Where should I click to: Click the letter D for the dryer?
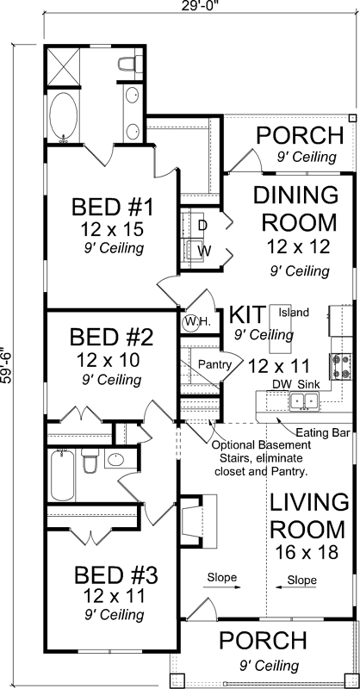[203, 226]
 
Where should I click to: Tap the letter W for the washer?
[204, 251]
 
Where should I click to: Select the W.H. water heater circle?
[192, 322]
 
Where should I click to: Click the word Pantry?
[215, 365]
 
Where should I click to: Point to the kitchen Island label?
[293, 313]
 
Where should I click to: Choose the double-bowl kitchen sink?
[302, 400]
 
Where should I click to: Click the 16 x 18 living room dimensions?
[303, 552]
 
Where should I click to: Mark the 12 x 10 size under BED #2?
[112, 357]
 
